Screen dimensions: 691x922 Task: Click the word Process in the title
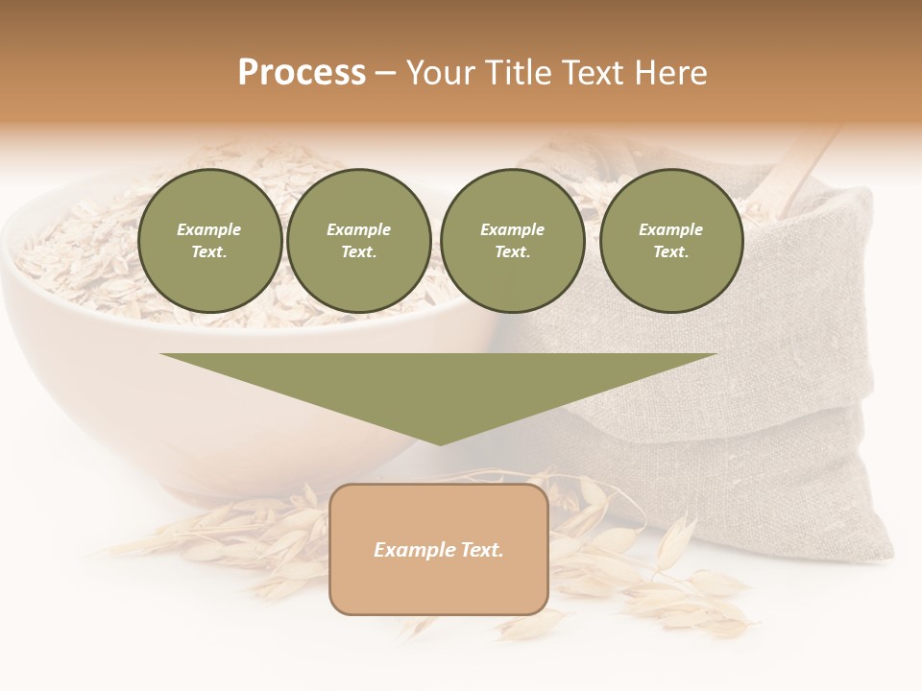point(302,73)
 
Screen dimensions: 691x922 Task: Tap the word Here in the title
point(670,73)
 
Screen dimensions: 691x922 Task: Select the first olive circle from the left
point(209,241)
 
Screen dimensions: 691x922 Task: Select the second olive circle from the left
point(358,241)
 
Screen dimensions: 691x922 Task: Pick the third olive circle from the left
point(512,241)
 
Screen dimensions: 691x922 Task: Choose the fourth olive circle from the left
point(670,241)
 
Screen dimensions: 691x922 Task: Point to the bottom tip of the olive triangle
point(440,443)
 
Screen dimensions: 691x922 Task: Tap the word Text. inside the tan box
point(482,550)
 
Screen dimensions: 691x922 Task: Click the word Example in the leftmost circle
point(209,229)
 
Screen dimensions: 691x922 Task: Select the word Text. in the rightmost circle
point(670,252)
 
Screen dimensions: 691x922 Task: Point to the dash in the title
point(385,74)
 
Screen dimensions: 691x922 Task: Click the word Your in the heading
point(439,73)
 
